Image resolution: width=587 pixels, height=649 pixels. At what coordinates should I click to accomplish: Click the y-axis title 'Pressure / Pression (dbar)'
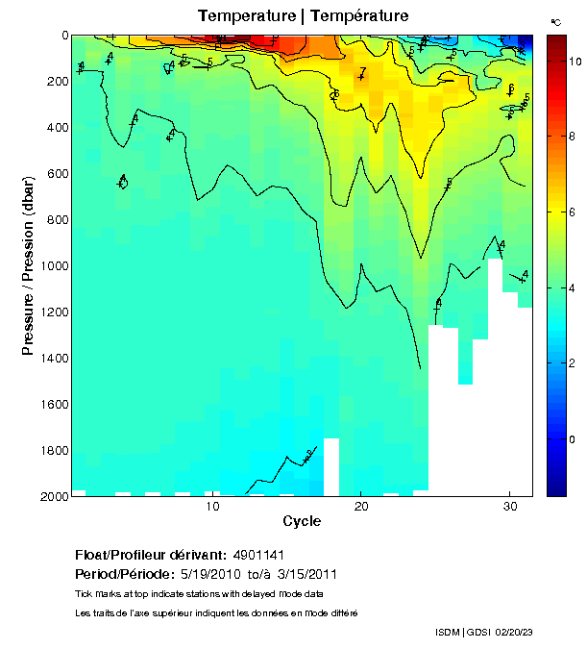click(x=28, y=265)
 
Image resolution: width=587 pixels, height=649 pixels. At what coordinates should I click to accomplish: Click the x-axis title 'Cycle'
click(x=302, y=521)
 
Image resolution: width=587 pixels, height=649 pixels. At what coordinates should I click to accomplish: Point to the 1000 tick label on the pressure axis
click(x=54, y=265)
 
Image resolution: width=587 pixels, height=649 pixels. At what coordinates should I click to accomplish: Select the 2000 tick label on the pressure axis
click(x=54, y=496)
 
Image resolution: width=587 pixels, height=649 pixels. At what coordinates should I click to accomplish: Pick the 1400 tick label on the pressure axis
click(x=54, y=358)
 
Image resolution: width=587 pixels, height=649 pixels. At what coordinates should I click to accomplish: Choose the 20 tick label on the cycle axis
click(x=360, y=508)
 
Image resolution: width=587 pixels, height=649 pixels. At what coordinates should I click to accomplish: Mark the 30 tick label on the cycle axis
click(x=508, y=508)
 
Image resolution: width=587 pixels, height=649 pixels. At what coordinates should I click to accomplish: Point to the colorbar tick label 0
click(x=573, y=438)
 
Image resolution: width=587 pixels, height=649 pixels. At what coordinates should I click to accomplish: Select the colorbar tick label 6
click(x=573, y=212)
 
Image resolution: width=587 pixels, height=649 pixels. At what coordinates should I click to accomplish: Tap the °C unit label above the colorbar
click(x=555, y=21)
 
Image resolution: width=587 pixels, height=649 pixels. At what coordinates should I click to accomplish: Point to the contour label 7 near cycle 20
click(x=362, y=71)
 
